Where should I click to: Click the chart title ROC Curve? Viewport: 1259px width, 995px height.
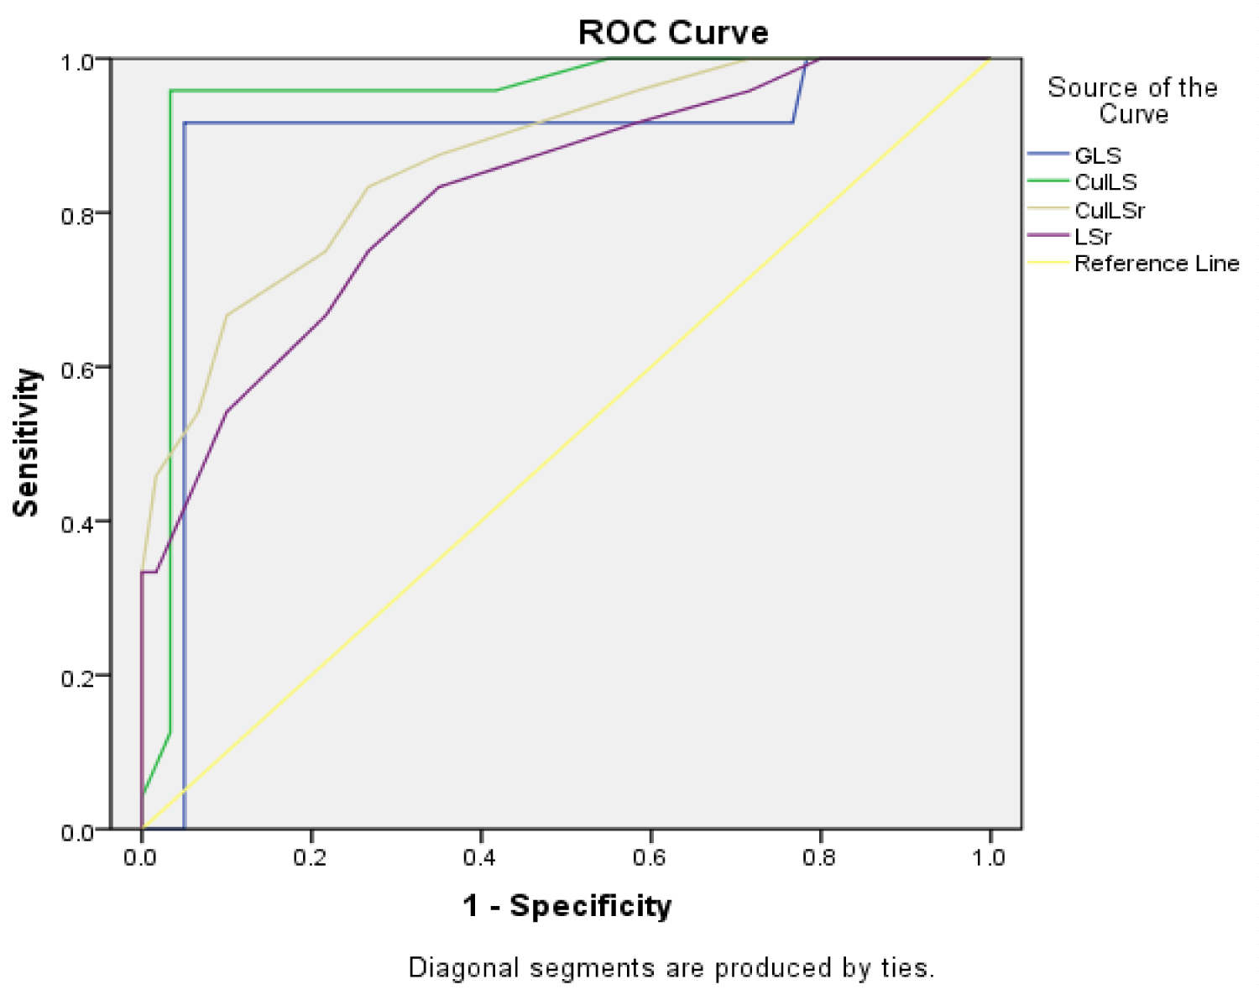click(673, 33)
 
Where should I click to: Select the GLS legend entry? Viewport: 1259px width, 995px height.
click(1097, 155)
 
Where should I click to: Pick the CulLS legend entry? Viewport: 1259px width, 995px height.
click(1105, 182)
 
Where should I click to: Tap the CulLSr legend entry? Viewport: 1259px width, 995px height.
click(1110, 210)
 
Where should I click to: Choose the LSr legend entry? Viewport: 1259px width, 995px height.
click(1093, 237)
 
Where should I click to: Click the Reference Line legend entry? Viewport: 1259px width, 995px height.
click(1156, 264)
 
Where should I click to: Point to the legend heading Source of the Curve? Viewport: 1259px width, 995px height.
click(1132, 100)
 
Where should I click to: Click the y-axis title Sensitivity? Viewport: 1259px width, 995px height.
click(27, 443)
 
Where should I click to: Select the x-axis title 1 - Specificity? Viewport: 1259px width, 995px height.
click(567, 905)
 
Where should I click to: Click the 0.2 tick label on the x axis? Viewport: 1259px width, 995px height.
click(310, 857)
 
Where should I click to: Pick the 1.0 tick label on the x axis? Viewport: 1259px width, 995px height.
click(989, 857)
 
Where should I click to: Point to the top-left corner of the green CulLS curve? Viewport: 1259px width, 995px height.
click(171, 91)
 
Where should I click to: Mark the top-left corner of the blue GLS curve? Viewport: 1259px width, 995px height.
click(185, 123)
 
